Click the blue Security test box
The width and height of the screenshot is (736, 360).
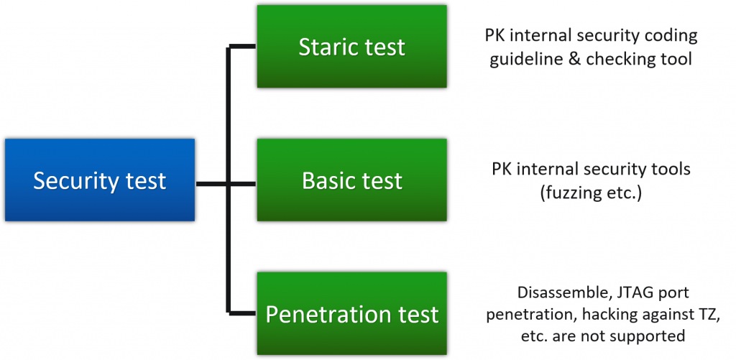pos(99,180)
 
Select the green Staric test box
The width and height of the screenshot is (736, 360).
pos(351,47)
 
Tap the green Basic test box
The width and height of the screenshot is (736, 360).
pos(351,180)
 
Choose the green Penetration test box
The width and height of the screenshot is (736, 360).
pos(351,313)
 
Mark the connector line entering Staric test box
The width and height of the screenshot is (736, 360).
pos(242,47)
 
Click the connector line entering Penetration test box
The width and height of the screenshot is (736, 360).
pos(242,313)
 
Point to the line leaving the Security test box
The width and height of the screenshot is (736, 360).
pos(211,184)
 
